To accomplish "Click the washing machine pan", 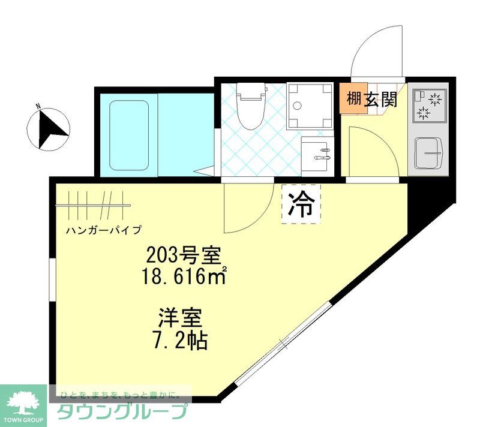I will [310, 105].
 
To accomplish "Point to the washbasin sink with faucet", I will [316, 155].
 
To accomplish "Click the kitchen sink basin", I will [430, 153].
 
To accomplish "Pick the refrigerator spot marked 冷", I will [301, 205].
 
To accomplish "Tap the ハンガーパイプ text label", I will [104, 230].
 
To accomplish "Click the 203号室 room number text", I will [185, 257].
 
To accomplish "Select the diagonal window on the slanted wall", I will [283, 344].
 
